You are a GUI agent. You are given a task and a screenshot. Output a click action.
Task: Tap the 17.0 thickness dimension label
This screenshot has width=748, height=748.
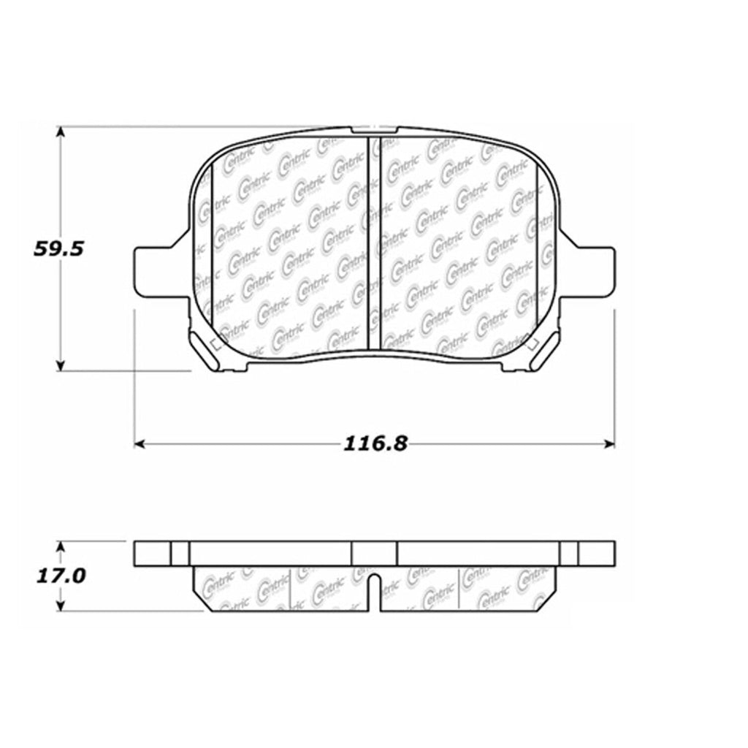coord(60,576)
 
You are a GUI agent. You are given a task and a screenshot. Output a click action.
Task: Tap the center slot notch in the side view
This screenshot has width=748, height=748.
coord(373,592)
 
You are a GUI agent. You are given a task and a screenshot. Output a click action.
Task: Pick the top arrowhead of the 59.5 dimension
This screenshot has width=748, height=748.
coord(61,132)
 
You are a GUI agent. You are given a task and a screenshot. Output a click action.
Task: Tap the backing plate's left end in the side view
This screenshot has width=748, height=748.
coord(153,553)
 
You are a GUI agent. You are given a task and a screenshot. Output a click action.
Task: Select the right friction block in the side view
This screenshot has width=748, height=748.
coord(467,588)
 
